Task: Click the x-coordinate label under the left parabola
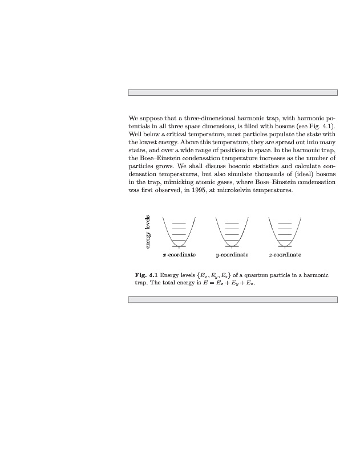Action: coord(179,255)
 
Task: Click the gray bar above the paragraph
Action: coord(232,92)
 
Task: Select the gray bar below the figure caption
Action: coord(232,299)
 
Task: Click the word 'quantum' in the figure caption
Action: coord(257,275)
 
